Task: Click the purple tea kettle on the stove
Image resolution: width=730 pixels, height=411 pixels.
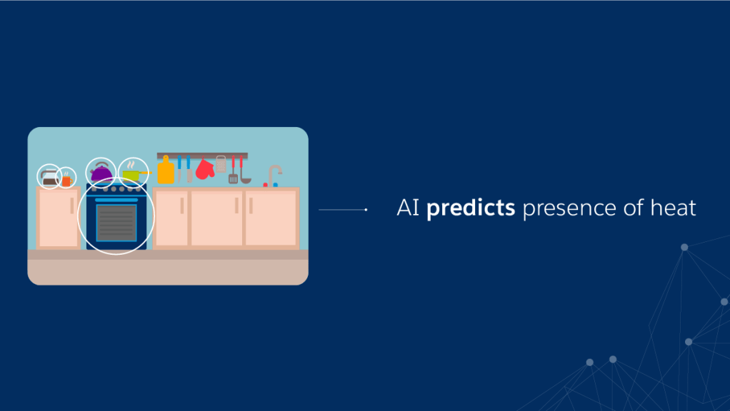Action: [101, 173]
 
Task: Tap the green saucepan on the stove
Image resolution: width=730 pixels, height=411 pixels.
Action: [131, 176]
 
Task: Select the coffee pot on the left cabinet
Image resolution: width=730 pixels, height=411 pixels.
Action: [49, 178]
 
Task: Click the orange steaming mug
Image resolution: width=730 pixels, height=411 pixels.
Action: [66, 181]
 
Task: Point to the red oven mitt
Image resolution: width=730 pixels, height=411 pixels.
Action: [204, 169]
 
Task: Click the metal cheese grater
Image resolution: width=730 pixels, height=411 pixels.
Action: [221, 165]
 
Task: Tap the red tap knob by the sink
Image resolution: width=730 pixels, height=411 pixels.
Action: [266, 185]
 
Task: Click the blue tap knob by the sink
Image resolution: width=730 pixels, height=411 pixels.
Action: [276, 185]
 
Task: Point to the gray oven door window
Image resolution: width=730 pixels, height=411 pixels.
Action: [116, 223]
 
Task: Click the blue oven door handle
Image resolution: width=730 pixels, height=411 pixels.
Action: [116, 200]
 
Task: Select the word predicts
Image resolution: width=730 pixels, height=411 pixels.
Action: [471, 208]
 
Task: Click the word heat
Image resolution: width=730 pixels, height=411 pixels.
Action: [673, 208]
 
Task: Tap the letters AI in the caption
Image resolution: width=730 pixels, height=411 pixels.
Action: [409, 208]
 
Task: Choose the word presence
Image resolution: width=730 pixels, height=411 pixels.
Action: [569, 209]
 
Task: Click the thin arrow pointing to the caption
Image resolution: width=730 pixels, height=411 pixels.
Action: [343, 210]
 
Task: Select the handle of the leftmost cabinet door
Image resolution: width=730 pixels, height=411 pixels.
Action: [71, 205]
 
